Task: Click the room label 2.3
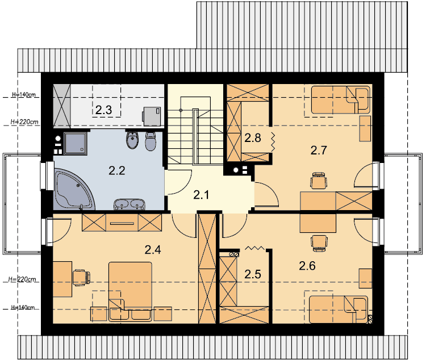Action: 103,110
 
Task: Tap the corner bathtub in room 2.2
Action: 73,190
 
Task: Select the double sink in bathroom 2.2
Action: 130,204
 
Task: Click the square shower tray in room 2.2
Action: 75,144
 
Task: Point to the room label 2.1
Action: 201,195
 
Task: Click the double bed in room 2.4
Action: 130,291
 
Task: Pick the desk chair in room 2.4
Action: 81,278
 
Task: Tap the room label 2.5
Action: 253,274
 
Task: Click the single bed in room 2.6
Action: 339,309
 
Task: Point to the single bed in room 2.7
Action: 341,100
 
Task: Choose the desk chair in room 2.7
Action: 319,180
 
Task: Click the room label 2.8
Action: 253,138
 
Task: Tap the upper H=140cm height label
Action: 24,95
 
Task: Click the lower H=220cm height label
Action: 22,279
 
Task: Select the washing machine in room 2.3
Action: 152,116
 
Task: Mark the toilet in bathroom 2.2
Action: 151,141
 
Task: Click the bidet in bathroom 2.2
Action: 132,140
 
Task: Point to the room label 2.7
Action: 319,150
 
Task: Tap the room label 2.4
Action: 153,249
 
